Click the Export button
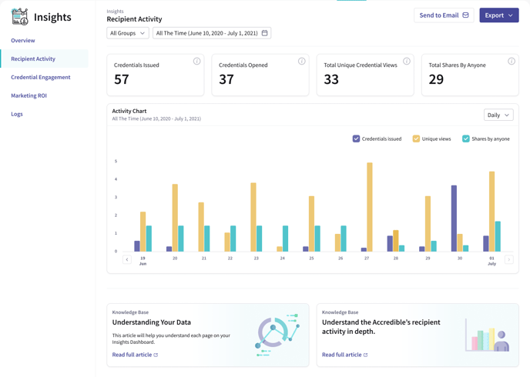[498, 15]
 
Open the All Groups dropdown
[127, 33]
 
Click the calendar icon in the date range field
[265, 33]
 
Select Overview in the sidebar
[23, 40]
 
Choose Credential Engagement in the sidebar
[41, 77]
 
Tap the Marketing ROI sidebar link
[29, 95]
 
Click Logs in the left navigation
[17, 114]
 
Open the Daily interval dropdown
[498, 115]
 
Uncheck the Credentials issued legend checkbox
[356, 138]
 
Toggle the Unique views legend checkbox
[416, 138]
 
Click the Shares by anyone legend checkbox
[465, 138]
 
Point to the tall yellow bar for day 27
[370, 206]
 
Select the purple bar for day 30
[455, 218]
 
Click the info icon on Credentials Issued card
[196, 62]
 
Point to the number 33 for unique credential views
[331, 79]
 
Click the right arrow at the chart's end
[508, 260]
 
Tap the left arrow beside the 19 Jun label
[127, 260]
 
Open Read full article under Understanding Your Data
[135, 355]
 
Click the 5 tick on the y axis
[116, 162]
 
